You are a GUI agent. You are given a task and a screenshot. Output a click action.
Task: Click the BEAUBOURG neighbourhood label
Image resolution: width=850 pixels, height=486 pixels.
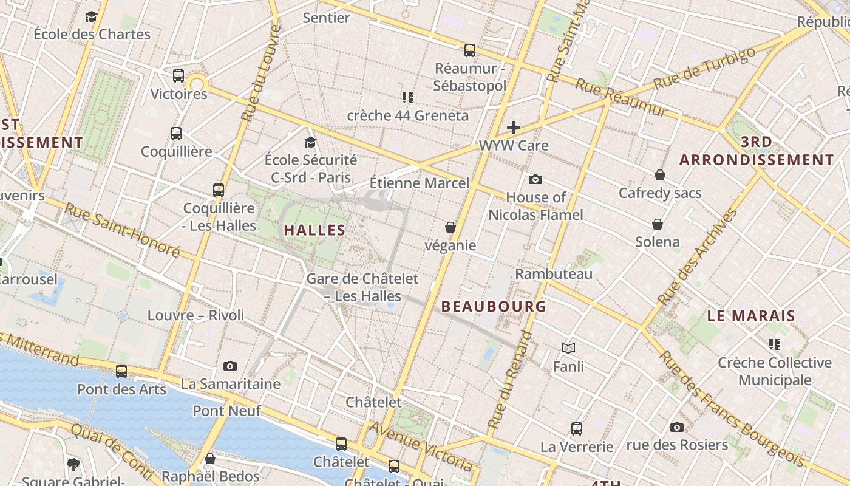(494, 306)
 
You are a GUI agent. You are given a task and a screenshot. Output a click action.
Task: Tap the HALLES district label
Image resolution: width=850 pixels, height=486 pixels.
(314, 230)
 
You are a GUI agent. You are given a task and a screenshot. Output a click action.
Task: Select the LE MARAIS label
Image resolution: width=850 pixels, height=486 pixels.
(751, 316)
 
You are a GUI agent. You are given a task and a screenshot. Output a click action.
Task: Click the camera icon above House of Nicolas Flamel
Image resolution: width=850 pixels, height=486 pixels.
(535, 179)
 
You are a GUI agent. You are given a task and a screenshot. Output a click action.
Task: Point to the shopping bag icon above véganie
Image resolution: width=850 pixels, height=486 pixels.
(450, 227)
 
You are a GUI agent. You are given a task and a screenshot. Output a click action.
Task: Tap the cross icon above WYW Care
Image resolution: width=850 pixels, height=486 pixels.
(514, 127)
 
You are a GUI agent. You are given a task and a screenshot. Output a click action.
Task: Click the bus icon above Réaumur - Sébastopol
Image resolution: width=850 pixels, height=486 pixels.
(469, 50)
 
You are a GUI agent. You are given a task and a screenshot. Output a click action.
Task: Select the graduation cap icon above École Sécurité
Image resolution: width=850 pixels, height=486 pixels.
(310, 142)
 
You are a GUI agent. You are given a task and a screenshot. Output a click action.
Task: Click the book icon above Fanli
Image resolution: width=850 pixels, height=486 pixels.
(568, 348)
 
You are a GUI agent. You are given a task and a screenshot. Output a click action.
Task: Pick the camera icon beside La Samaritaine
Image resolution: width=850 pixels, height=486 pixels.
(229, 366)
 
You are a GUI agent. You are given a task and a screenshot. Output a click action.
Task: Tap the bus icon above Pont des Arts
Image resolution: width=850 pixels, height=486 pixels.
(121, 371)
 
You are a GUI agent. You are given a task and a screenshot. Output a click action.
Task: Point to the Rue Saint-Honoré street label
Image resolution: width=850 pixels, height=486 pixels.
(122, 230)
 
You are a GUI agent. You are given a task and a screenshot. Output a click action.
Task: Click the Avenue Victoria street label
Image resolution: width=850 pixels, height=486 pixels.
(421, 447)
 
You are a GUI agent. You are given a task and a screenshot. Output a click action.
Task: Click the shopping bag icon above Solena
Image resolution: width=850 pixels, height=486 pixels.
(657, 224)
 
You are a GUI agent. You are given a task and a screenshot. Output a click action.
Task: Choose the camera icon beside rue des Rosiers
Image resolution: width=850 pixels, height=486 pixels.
(676, 427)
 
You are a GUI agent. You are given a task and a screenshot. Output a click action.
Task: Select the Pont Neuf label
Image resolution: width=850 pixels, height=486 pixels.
(227, 411)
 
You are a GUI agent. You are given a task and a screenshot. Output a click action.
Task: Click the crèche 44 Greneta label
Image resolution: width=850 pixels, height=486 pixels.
(408, 115)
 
